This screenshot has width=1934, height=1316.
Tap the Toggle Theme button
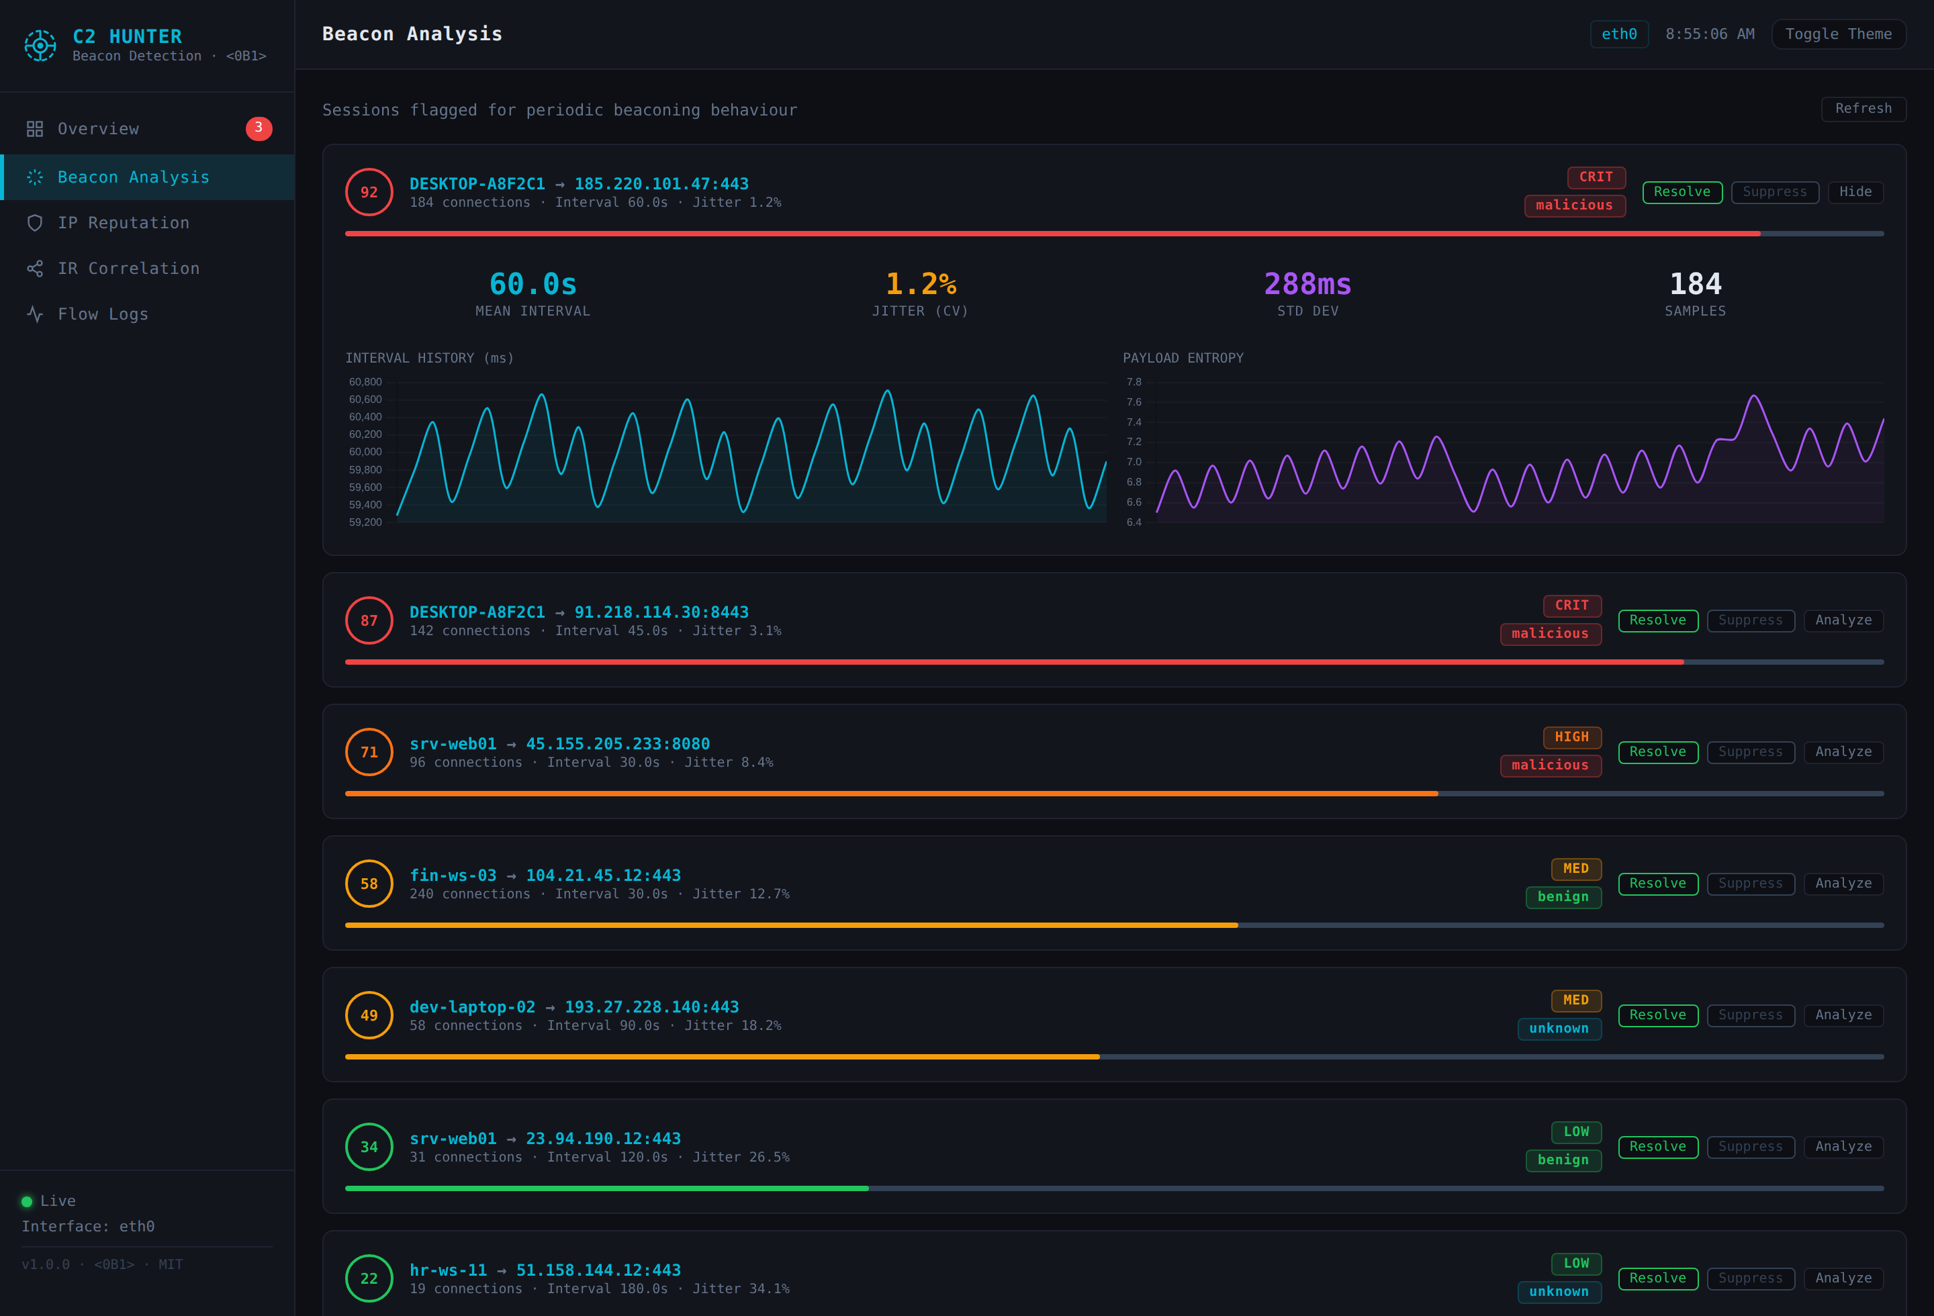point(1837,34)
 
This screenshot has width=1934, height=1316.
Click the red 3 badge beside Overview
point(259,128)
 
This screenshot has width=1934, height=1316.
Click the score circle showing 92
point(369,192)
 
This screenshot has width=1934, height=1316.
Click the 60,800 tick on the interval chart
point(365,382)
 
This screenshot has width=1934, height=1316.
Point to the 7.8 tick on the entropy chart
point(1134,382)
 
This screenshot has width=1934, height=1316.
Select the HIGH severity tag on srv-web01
point(1571,737)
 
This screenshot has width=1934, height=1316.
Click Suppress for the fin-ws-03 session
point(1750,884)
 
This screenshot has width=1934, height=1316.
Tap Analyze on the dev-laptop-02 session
point(1843,1015)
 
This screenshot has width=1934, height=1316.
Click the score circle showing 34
point(369,1147)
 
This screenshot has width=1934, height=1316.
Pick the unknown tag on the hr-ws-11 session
point(1559,1292)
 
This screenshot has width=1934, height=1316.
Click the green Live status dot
point(27,1201)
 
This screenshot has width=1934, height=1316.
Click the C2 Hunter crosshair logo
point(40,45)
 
